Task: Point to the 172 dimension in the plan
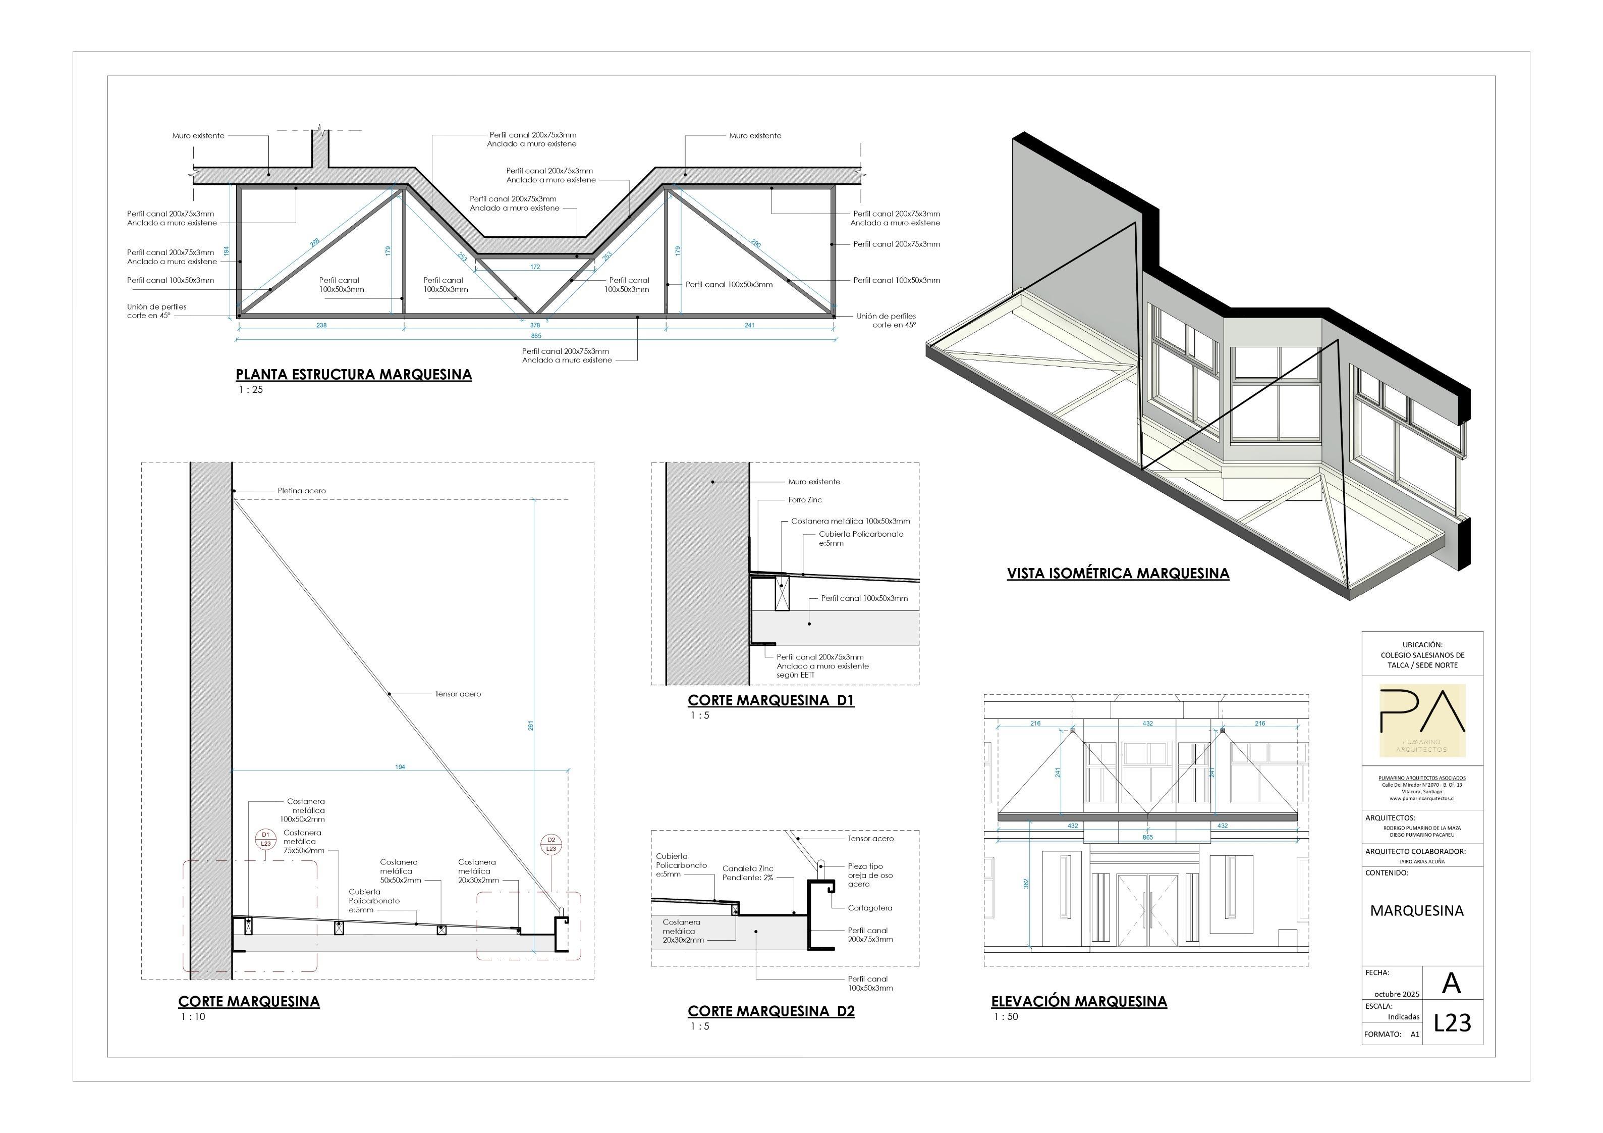pos(535,267)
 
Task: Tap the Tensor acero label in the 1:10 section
pos(458,694)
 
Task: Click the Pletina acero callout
pos(302,491)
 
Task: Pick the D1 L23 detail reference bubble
pos(265,839)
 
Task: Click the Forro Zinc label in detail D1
pos(805,500)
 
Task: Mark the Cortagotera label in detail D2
pos(870,908)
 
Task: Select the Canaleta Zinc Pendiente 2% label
pos(748,873)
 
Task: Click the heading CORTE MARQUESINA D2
pos(771,1011)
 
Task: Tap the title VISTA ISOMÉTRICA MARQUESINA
pos(1118,574)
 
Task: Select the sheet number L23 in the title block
pos(1452,1022)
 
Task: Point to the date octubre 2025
pos(1396,993)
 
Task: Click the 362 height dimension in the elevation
pos(1026,884)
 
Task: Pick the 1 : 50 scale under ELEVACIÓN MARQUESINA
pos(1006,1016)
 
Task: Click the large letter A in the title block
pos(1451,984)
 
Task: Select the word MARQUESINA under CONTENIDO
pos(1417,911)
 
